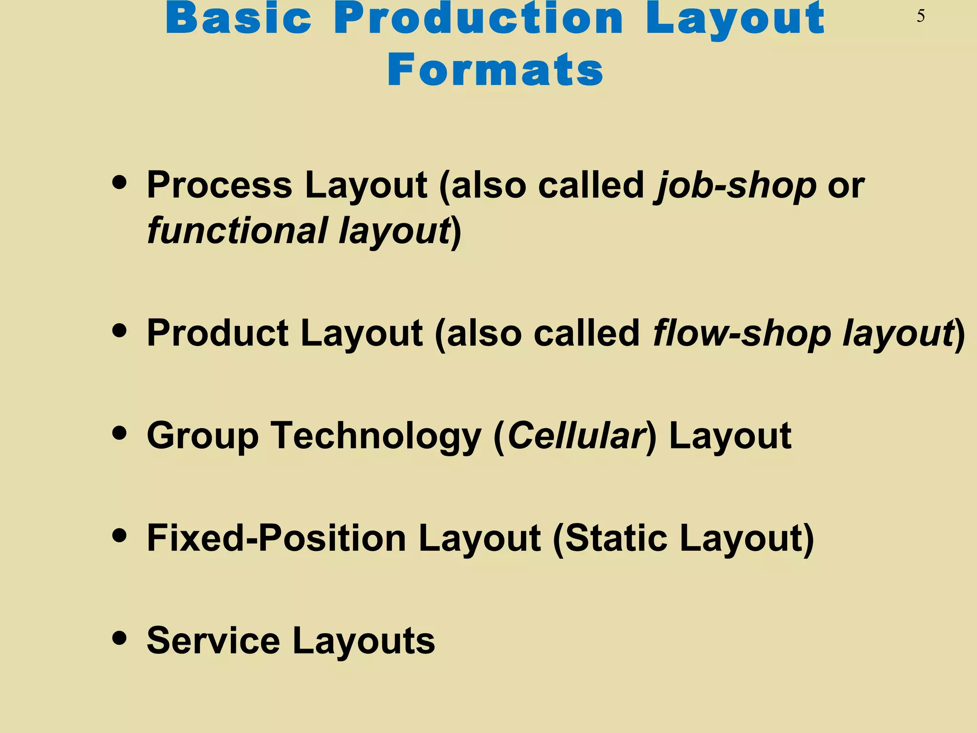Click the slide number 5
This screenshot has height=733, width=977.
[x=921, y=17]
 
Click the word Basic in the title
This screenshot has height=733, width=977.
[x=239, y=19]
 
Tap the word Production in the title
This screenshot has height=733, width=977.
[x=478, y=19]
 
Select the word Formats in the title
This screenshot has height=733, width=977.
[x=495, y=71]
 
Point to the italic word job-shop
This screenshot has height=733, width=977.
[x=735, y=185]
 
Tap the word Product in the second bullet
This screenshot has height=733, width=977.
[x=218, y=333]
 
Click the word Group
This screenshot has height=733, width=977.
[x=202, y=436]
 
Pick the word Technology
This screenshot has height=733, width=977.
[x=376, y=436]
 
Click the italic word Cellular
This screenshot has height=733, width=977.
[x=576, y=436]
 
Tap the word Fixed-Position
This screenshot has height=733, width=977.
[x=276, y=538]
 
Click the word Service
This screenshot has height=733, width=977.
[x=213, y=641]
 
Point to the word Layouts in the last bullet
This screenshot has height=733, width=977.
[x=364, y=641]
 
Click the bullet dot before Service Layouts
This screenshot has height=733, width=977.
[x=119, y=638]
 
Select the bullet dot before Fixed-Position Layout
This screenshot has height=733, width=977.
[x=119, y=535]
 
